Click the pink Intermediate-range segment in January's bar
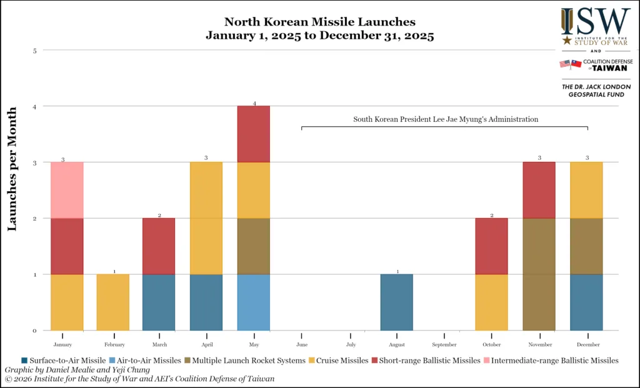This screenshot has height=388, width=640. coord(67,190)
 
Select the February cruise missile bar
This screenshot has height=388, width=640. coord(112,302)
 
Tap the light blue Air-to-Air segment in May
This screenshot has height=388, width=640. coord(254,302)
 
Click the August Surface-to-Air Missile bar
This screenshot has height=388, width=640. coord(396,302)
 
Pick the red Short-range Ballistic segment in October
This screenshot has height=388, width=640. coord(491,246)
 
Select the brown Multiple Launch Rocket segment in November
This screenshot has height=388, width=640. coord(539,274)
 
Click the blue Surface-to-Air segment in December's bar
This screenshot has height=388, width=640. coord(586,302)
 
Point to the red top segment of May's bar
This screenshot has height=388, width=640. coord(254,134)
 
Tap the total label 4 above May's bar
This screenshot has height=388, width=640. coord(254,102)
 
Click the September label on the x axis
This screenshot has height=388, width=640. coord(444,344)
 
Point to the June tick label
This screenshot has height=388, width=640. coord(301,344)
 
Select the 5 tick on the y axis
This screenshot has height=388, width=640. coord(34,51)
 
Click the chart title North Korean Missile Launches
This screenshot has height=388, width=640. coord(319,23)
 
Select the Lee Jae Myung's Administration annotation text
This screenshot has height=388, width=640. coord(445,119)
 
